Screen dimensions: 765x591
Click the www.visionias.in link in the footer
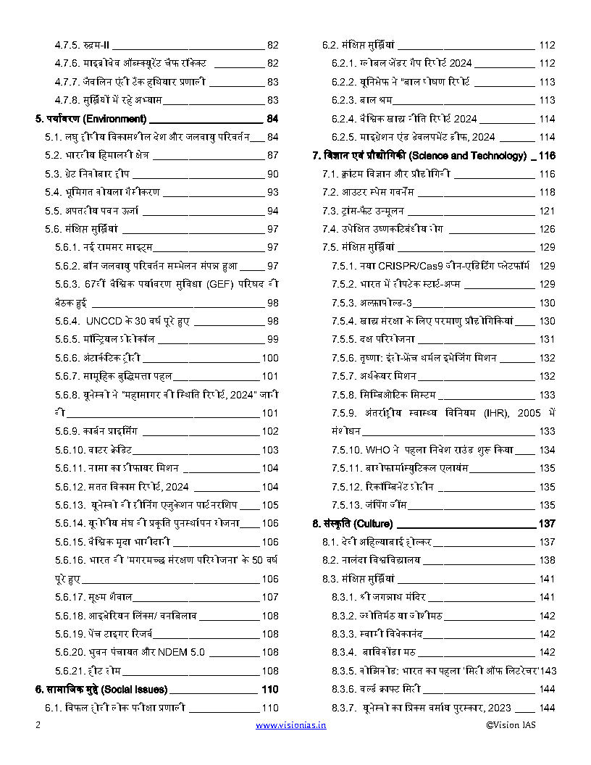tap(290, 724)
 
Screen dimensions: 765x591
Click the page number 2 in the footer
tap(38, 724)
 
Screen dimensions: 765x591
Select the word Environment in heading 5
tap(116, 119)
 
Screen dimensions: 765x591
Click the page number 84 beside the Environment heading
tap(272, 119)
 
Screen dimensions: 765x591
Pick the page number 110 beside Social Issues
tap(270, 689)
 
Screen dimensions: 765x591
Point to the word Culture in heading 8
tap(374, 523)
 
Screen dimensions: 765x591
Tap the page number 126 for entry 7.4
tap(547, 229)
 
